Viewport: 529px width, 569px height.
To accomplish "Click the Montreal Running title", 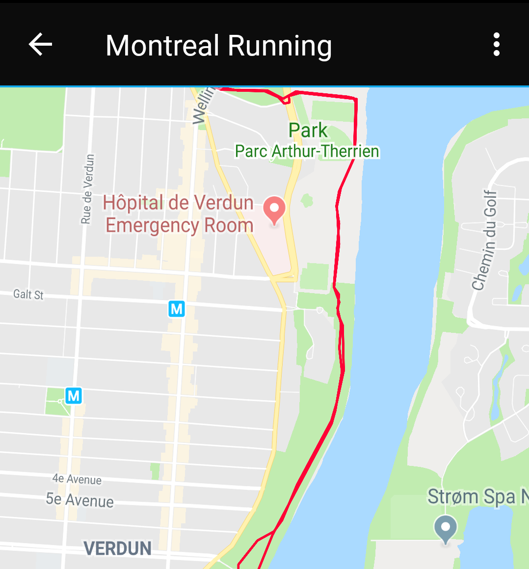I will click(x=218, y=46).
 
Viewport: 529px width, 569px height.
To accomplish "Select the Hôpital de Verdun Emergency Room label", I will click(x=179, y=214).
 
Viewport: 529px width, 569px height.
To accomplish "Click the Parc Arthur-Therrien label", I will click(x=307, y=151).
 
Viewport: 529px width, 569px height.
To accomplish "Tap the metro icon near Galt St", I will click(x=177, y=309).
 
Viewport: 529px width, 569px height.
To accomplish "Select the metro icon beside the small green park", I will click(x=74, y=395).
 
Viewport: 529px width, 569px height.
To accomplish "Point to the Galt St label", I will click(x=28, y=295).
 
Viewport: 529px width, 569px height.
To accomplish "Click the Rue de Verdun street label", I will click(x=87, y=189).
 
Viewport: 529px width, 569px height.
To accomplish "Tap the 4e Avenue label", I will click(x=77, y=479).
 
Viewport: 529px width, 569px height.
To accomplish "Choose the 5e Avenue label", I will click(x=79, y=500).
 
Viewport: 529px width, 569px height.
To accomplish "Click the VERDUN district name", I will click(x=117, y=548).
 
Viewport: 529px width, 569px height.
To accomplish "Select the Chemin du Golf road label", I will click(x=485, y=240).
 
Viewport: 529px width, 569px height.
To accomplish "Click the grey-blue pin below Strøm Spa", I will click(x=446, y=529).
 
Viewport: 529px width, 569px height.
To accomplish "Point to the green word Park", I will click(x=308, y=131).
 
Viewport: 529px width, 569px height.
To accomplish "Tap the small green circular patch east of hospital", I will click(x=307, y=200).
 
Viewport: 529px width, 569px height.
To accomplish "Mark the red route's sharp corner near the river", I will click(x=355, y=100).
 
